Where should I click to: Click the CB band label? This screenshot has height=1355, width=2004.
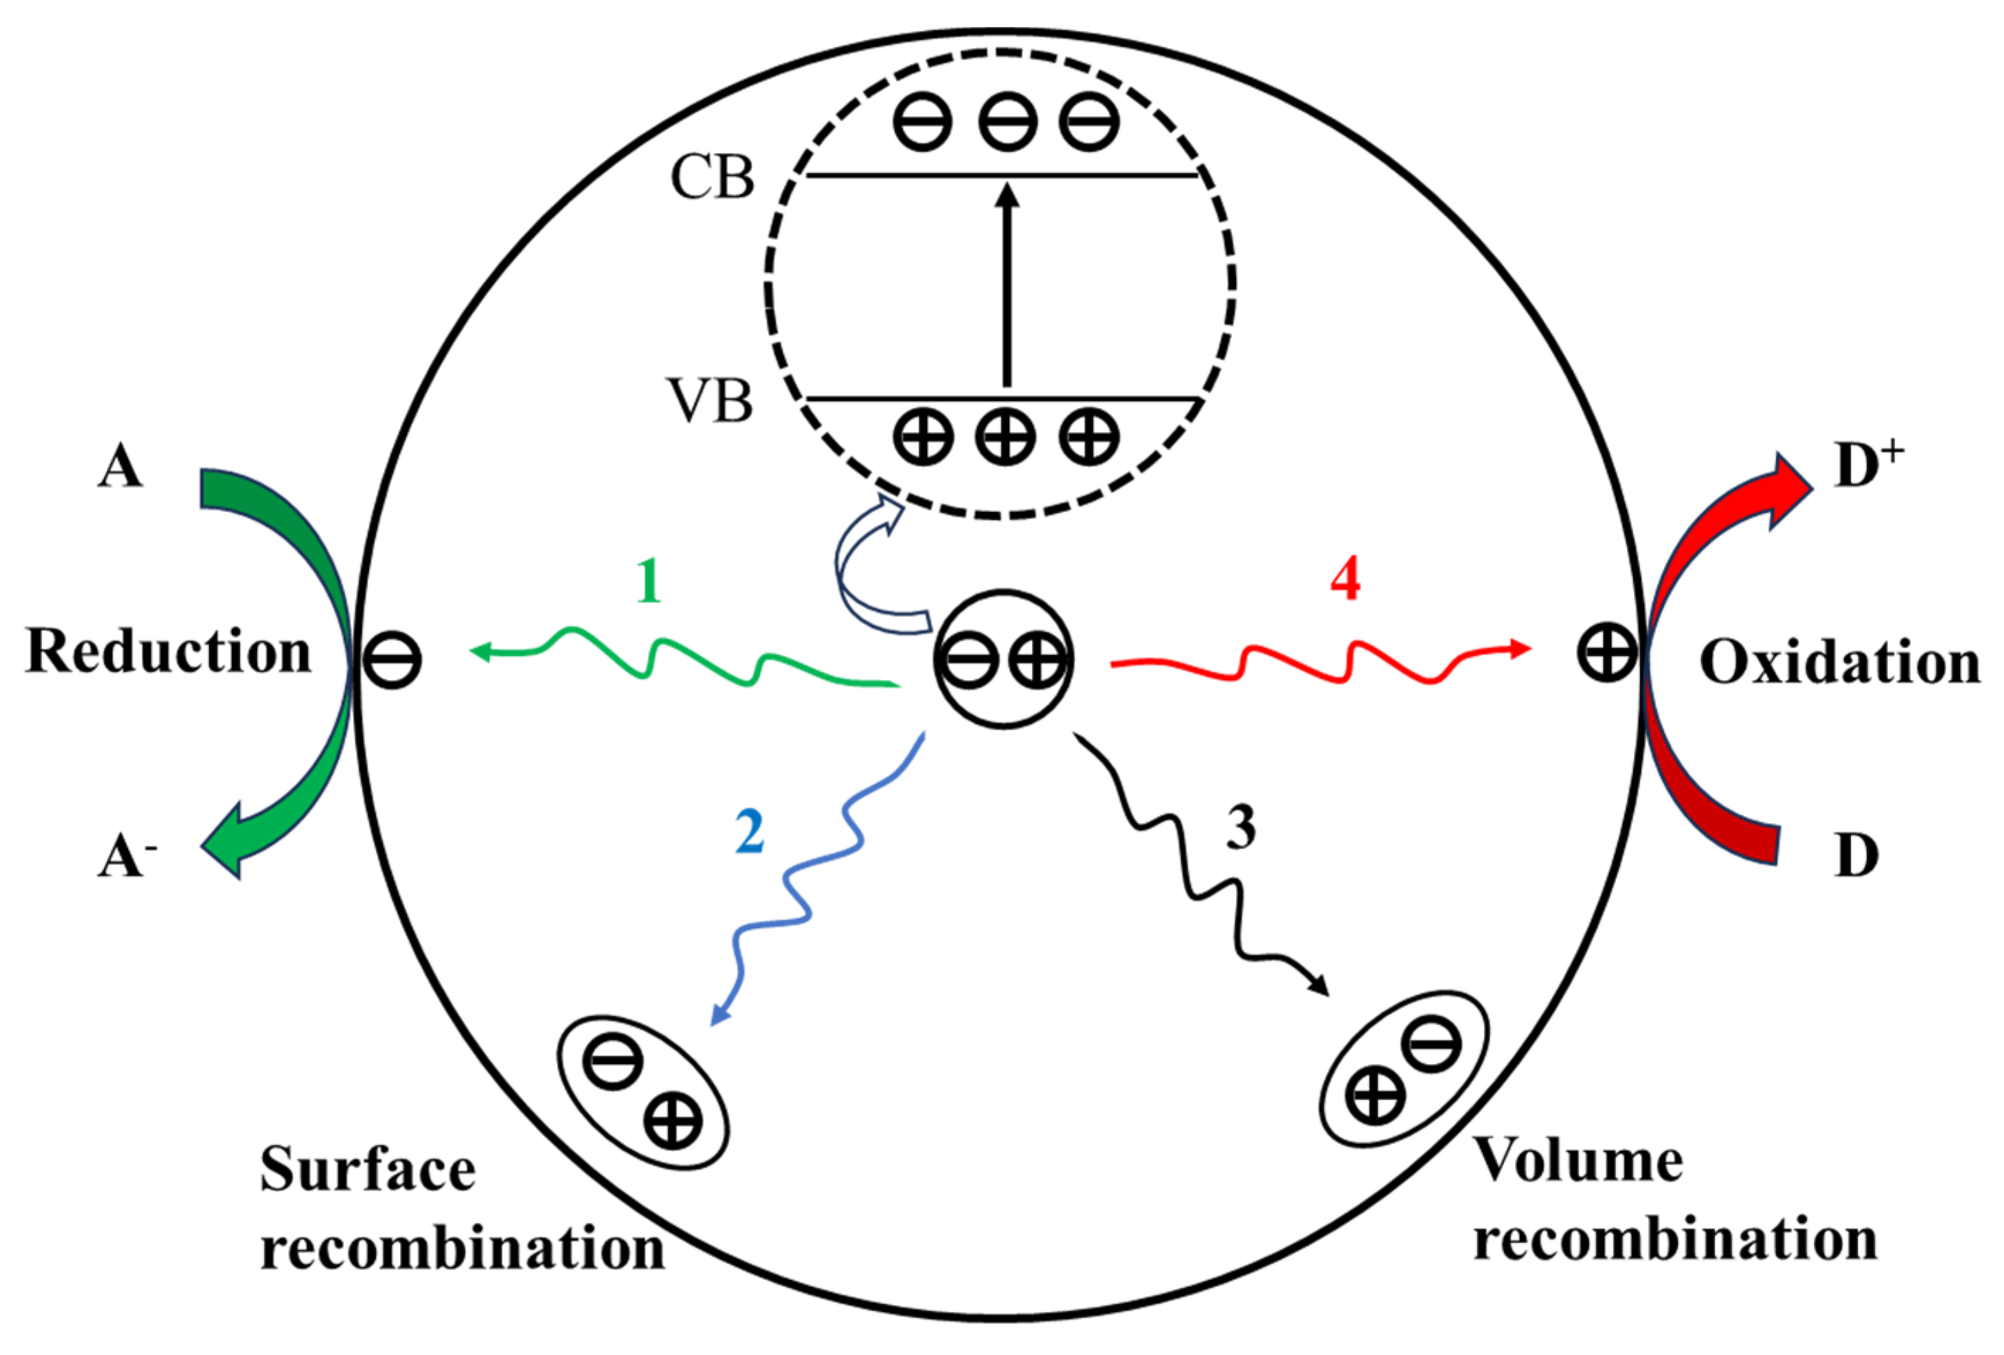[x=712, y=178]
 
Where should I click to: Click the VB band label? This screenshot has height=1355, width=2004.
[x=710, y=402]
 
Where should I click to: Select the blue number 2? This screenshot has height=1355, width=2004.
[x=749, y=832]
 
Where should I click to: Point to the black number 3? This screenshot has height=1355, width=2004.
[x=1241, y=827]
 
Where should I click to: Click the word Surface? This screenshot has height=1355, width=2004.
[x=368, y=1170]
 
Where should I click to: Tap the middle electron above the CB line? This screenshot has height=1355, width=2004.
[x=1007, y=122]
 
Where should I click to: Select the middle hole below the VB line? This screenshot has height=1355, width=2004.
[x=1006, y=436]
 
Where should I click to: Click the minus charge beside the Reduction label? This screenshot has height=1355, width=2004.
[x=392, y=661]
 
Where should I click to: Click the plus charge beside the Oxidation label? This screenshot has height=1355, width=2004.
[x=1607, y=652]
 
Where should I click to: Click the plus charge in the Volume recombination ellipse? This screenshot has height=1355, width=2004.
[x=1376, y=1098]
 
